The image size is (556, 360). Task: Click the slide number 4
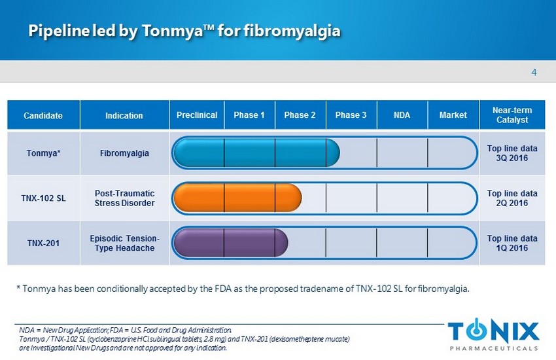(x=534, y=73)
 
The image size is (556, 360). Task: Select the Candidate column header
(x=43, y=115)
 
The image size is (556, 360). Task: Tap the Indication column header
(x=124, y=115)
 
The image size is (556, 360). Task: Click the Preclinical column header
(x=197, y=115)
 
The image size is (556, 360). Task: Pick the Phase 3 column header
(x=351, y=115)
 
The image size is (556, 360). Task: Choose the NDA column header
(x=402, y=115)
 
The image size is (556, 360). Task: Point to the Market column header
(x=453, y=115)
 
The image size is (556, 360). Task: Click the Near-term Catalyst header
(x=512, y=115)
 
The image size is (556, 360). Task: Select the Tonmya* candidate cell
(x=43, y=153)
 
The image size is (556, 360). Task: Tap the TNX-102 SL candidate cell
(x=43, y=198)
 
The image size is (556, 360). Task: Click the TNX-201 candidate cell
(x=43, y=243)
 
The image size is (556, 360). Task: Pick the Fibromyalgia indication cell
(x=124, y=153)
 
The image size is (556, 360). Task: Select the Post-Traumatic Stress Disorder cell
(x=124, y=198)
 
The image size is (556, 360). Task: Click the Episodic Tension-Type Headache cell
(x=124, y=243)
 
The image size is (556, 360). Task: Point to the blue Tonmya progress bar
(x=256, y=153)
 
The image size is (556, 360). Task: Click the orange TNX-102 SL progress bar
(x=237, y=198)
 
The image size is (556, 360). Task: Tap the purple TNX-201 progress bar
(x=230, y=243)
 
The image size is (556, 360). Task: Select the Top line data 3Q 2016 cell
(x=512, y=153)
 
